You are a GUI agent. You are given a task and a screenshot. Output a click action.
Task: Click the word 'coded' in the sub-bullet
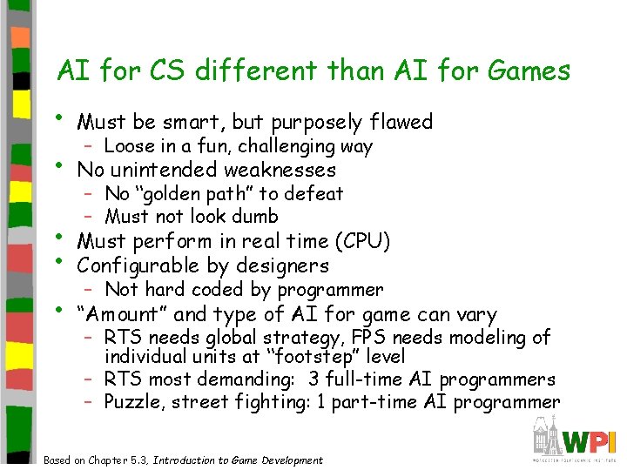(x=219, y=289)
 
